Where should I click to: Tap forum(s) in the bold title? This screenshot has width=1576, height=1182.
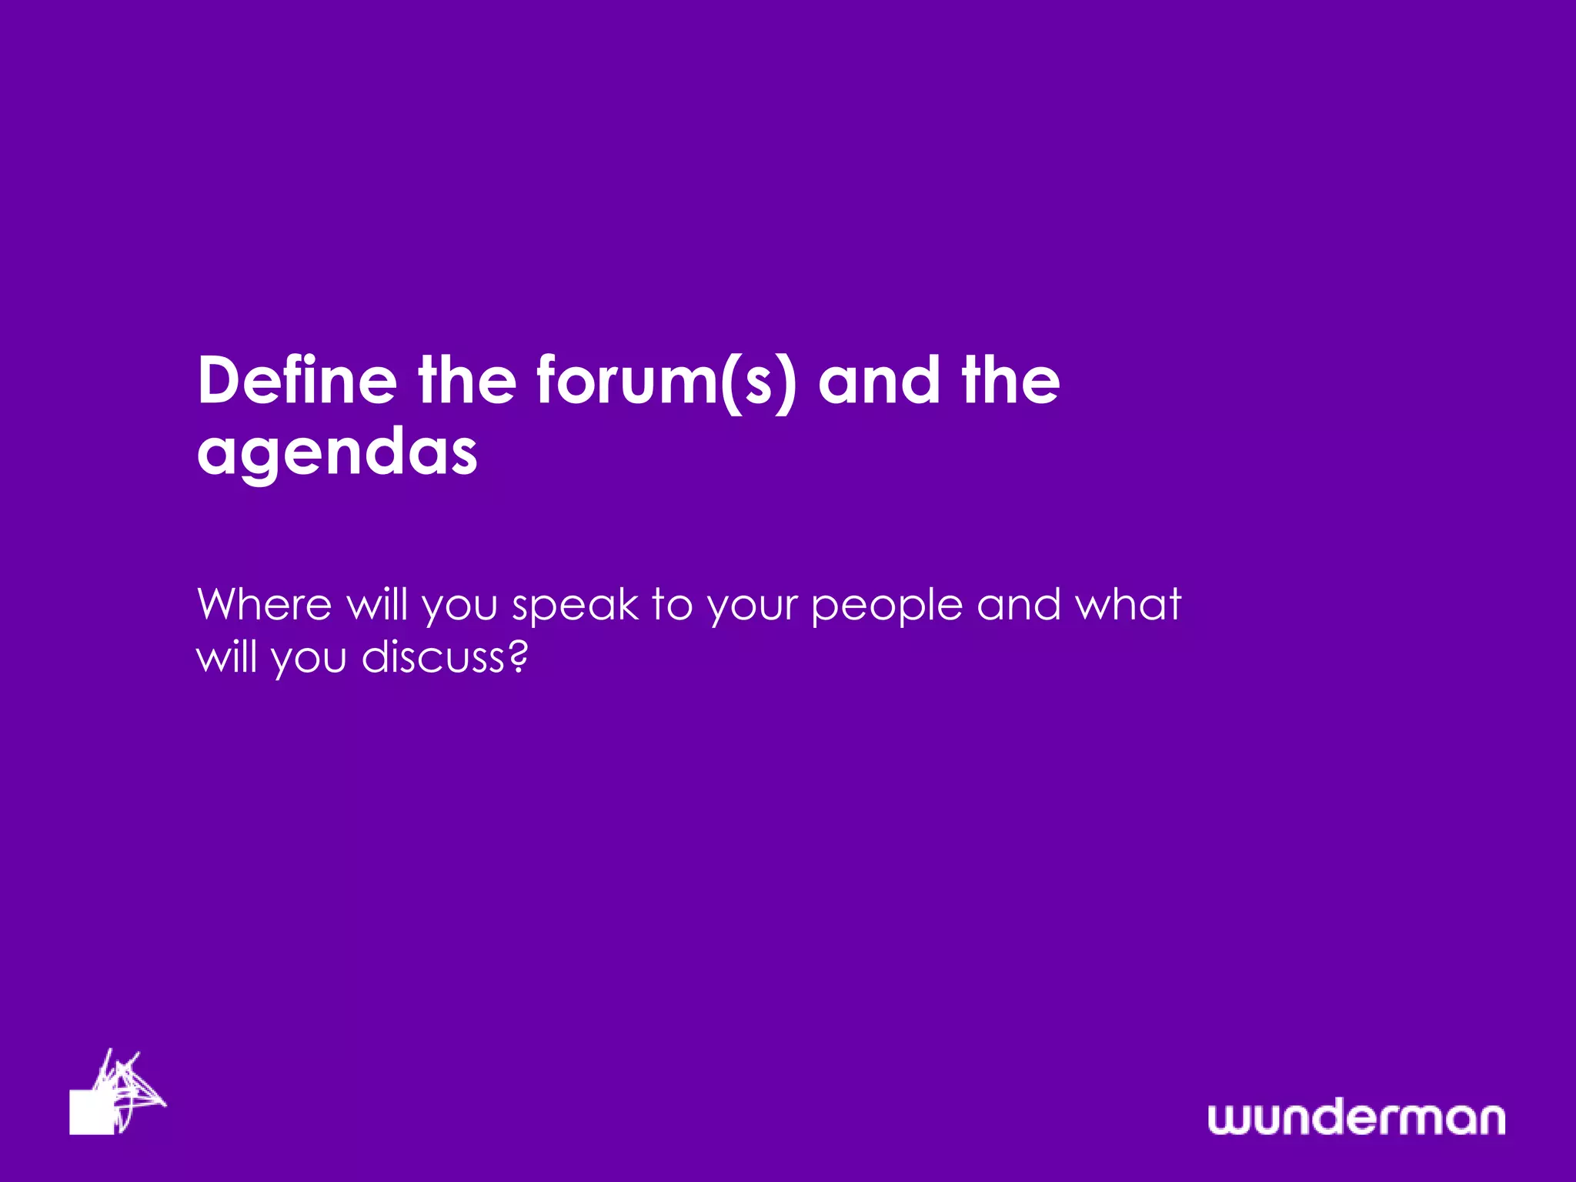(666, 381)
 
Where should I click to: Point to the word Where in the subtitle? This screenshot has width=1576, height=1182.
(264, 604)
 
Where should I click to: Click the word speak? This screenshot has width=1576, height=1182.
(576, 606)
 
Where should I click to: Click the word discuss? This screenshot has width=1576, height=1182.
(432, 657)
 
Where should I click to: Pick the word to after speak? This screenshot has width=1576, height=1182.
(672, 605)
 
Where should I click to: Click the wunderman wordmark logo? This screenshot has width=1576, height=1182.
(1356, 1118)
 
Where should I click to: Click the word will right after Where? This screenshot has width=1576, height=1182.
(377, 604)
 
